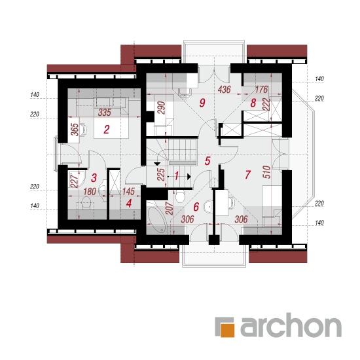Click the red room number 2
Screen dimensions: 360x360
coord(106,130)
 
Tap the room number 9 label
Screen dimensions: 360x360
coord(202,103)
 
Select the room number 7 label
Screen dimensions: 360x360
coord(247,175)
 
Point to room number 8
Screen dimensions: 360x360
coord(253,103)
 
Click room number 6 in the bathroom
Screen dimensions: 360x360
coord(196,207)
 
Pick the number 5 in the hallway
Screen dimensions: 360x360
coord(207,161)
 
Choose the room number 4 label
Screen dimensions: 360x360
coord(129,203)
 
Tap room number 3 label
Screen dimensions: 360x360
coord(94,178)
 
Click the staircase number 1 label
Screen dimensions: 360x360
coord(176,176)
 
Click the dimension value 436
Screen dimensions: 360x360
coord(224,90)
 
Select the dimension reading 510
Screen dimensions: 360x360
coord(266,172)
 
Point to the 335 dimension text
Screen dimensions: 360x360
coord(105,113)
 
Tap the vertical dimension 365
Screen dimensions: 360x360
coord(75,130)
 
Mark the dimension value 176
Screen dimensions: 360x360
coord(262,90)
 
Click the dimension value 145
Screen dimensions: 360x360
coord(128,192)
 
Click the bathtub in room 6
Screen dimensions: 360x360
coord(156,217)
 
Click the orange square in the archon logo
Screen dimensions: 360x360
coord(228,330)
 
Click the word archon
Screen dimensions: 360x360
coord(291,325)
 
